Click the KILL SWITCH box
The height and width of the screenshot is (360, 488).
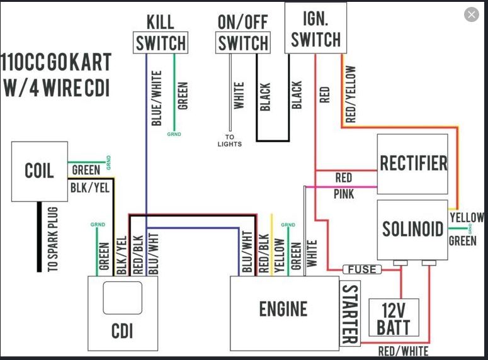tap(161, 42)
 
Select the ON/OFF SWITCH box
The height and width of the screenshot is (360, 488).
tap(243, 42)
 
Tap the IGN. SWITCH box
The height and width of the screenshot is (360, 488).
tap(315, 28)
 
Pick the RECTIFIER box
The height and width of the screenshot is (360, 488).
tap(412, 164)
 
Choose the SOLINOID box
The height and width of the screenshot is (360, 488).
tap(412, 229)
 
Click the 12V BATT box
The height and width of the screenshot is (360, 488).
tap(394, 318)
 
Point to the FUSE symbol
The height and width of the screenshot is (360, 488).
tap(361, 269)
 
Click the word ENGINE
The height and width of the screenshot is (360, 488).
tap(283, 309)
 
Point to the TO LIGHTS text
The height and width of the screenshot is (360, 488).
tap(230, 140)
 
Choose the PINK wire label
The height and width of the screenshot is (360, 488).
tap(344, 194)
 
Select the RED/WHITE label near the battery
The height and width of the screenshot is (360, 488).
tap(403, 351)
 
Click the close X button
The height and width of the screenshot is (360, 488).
tap(471, 14)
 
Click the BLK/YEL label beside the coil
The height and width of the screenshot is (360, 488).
tap(86, 187)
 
